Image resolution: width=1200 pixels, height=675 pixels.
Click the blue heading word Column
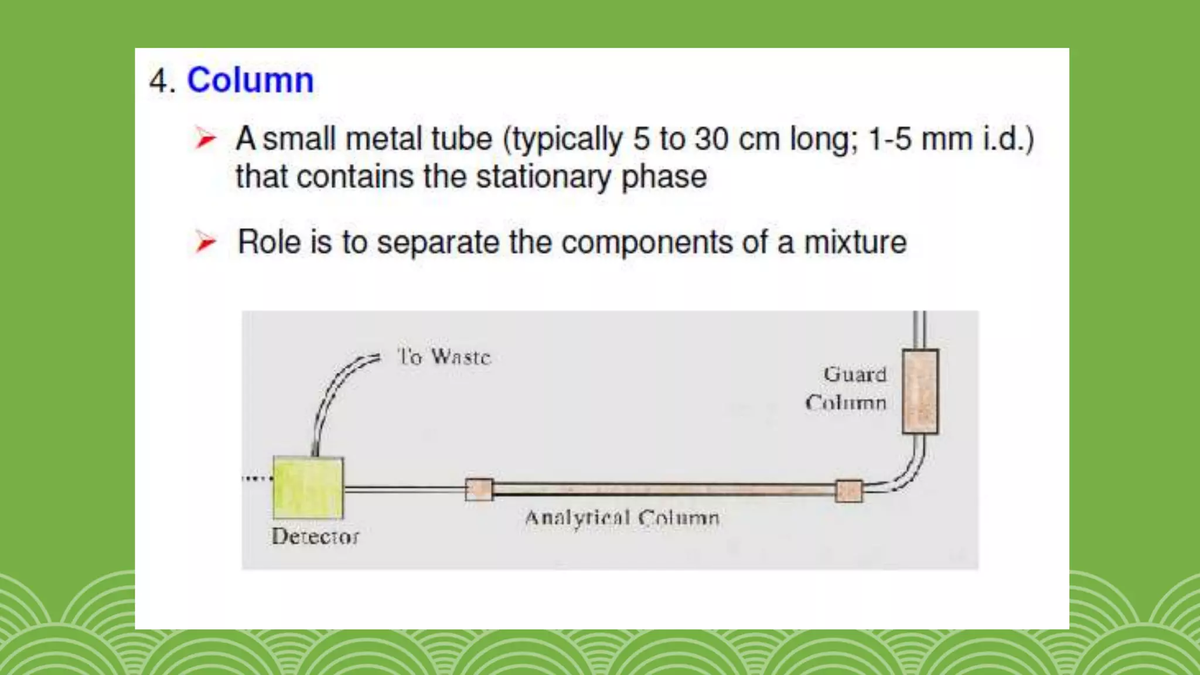pyautogui.click(x=250, y=80)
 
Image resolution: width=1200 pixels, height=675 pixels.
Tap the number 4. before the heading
pyautogui.click(x=162, y=81)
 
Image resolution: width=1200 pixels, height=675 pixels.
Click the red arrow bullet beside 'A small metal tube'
pyautogui.click(x=206, y=139)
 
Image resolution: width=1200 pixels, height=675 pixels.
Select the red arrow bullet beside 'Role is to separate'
pyautogui.click(x=206, y=242)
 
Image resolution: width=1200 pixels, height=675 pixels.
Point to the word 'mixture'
pyautogui.click(x=855, y=242)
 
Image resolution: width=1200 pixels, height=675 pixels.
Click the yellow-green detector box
pyautogui.click(x=308, y=488)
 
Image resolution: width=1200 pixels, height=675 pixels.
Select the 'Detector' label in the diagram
pyautogui.click(x=315, y=536)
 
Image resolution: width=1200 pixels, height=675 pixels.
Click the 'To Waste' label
pyautogui.click(x=444, y=356)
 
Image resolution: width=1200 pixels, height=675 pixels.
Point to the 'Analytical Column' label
pyautogui.click(x=622, y=518)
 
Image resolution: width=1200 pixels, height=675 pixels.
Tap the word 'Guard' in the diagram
pyautogui.click(x=855, y=374)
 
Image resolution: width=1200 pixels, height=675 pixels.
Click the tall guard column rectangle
pyautogui.click(x=920, y=391)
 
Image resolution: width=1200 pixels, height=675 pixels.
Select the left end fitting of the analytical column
pyautogui.click(x=479, y=489)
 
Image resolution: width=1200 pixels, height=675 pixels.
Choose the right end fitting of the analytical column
pyautogui.click(x=848, y=490)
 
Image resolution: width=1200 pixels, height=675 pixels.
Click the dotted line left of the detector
pyautogui.click(x=257, y=479)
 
